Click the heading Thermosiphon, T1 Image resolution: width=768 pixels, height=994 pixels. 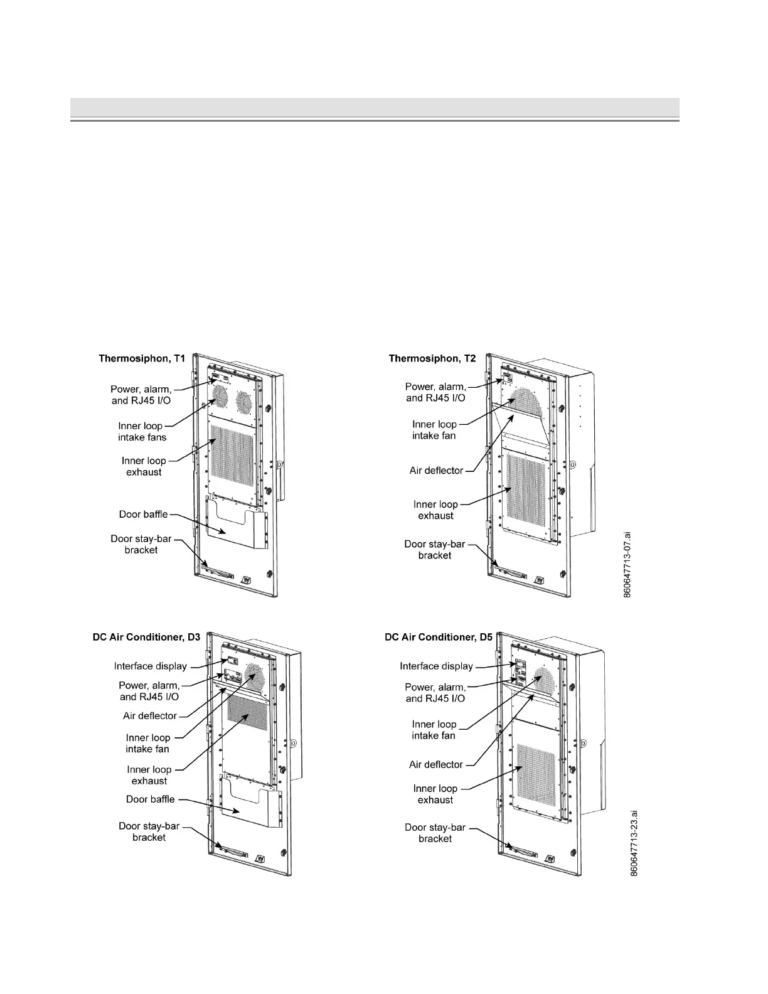point(142,359)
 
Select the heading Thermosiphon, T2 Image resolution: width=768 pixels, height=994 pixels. point(432,359)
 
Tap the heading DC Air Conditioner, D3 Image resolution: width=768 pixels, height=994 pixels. point(146,638)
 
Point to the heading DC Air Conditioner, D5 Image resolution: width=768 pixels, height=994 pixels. point(439,638)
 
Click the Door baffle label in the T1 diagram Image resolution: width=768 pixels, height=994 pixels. point(144,515)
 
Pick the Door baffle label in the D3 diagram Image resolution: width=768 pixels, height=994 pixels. point(151,799)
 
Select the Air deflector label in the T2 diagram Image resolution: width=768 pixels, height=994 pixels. point(436,471)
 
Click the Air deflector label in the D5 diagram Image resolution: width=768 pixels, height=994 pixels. point(436,765)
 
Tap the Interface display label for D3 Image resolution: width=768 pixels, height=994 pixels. point(151,666)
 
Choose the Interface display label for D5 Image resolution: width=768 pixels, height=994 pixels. point(436,666)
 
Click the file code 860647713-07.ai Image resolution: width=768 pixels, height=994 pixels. point(628,565)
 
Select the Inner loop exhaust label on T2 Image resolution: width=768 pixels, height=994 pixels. point(435,510)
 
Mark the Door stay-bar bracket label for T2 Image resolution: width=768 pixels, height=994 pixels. point(435,550)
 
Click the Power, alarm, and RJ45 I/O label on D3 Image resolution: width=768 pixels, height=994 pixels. point(149,691)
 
